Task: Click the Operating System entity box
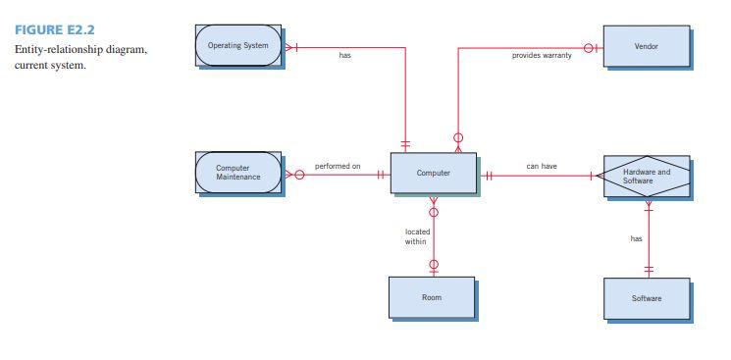pyautogui.click(x=238, y=46)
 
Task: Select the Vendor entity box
pyautogui.click(x=646, y=46)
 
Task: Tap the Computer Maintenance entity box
pyautogui.click(x=238, y=173)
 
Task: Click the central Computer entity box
pyautogui.click(x=433, y=174)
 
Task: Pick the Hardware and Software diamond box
pyautogui.click(x=646, y=176)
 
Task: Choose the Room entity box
pyautogui.click(x=432, y=297)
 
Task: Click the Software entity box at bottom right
pyautogui.click(x=646, y=298)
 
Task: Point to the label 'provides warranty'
pyautogui.click(x=542, y=56)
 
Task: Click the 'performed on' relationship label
pyautogui.click(x=338, y=167)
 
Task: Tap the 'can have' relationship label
pyautogui.click(x=542, y=167)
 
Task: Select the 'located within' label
pyautogui.click(x=417, y=236)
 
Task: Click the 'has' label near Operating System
pyautogui.click(x=344, y=56)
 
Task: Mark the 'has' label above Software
pyautogui.click(x=636, y=238)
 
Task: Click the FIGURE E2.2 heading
pyautogui.click(x=47, y=30)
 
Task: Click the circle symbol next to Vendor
pyautogui.click(x=591, y=46)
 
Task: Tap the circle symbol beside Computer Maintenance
pyautogui.click(x=299, y=176)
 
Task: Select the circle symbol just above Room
pyautogui.click(x=434, y=264)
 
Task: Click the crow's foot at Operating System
pyautogui.click(x=289, y=46)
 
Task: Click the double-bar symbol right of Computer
pyautogui.click(x=488, y=176)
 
